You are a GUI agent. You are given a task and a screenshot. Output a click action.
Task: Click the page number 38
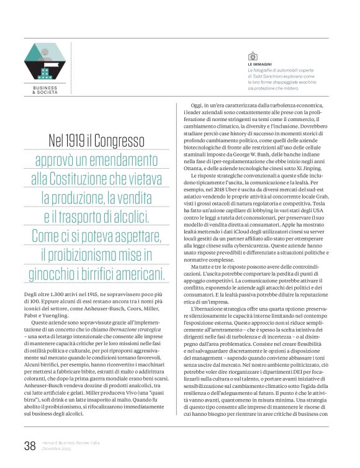pyautogui.click(x=30, y=446)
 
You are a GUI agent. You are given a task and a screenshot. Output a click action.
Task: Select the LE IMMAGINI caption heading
pyautogui.click(x=259, y=64)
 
